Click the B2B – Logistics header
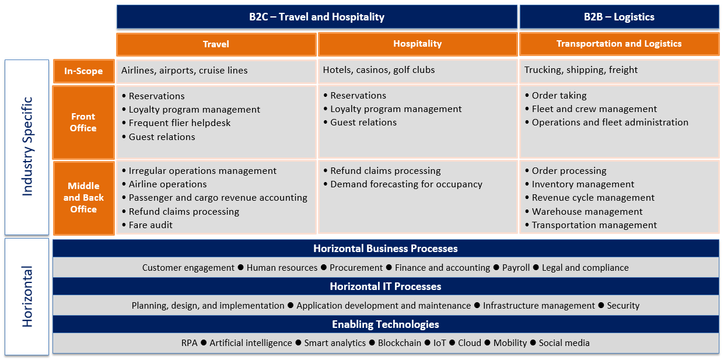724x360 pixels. click(x=619, y=17)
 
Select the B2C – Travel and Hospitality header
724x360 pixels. click(x=317, y=17)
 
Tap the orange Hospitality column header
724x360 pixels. click(x=417, y=44)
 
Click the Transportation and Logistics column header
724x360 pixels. click(x=619, y=44)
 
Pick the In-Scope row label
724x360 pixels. click(x=83, y=71)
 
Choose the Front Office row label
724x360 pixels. click(x=83, y=123)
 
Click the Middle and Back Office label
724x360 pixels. click(x=83, y=198)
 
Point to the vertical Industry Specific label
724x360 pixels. click(x=27, y=146)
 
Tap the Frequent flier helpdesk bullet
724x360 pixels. click(x=180, y=123)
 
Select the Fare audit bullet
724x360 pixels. click(x=151, y=225)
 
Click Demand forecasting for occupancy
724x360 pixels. click(x=406, y=184)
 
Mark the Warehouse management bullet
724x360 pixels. click(x=587, y=212)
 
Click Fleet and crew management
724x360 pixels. click(x=594, y=109)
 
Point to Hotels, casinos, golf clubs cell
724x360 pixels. click(x=379, y=70)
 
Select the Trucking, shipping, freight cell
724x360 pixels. click(x=581, y=70)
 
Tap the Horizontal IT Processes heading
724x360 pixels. click(x=386, y=286)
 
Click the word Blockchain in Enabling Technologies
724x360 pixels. click(x=400, y=343)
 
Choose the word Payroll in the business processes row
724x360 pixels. click(x=516, y=268)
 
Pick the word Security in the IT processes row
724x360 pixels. click(x=623, y=306)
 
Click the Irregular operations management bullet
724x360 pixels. click(x=202, y=171)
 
